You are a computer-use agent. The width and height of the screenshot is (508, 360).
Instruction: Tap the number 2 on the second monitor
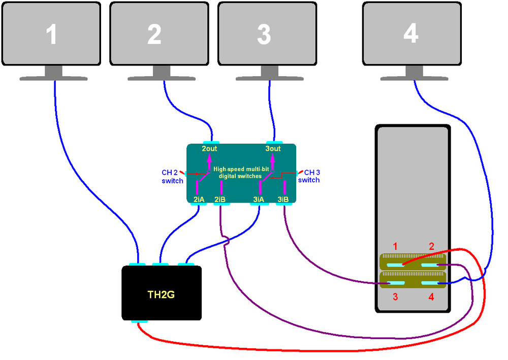[154, 35]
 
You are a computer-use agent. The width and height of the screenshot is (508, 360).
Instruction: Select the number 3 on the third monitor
[264, 35]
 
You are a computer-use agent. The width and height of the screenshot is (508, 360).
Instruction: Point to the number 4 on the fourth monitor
[410, 34]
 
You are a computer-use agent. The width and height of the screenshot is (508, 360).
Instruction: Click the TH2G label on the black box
[161, 293]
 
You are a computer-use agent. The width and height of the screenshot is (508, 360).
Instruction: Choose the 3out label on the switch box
[273, 149]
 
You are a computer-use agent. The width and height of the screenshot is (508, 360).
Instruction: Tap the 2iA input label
[199, 200]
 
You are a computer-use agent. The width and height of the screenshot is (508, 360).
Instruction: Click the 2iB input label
[220, 200]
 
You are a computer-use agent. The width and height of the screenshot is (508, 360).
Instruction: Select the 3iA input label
[259, 200]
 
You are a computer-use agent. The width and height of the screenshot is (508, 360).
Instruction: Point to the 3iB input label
[283, 200]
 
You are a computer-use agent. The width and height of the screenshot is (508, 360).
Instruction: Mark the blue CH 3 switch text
[309, 176]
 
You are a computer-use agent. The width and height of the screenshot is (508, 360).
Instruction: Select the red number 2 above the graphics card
[431, 247]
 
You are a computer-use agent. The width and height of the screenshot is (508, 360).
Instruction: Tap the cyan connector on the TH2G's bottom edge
[139, 321]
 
